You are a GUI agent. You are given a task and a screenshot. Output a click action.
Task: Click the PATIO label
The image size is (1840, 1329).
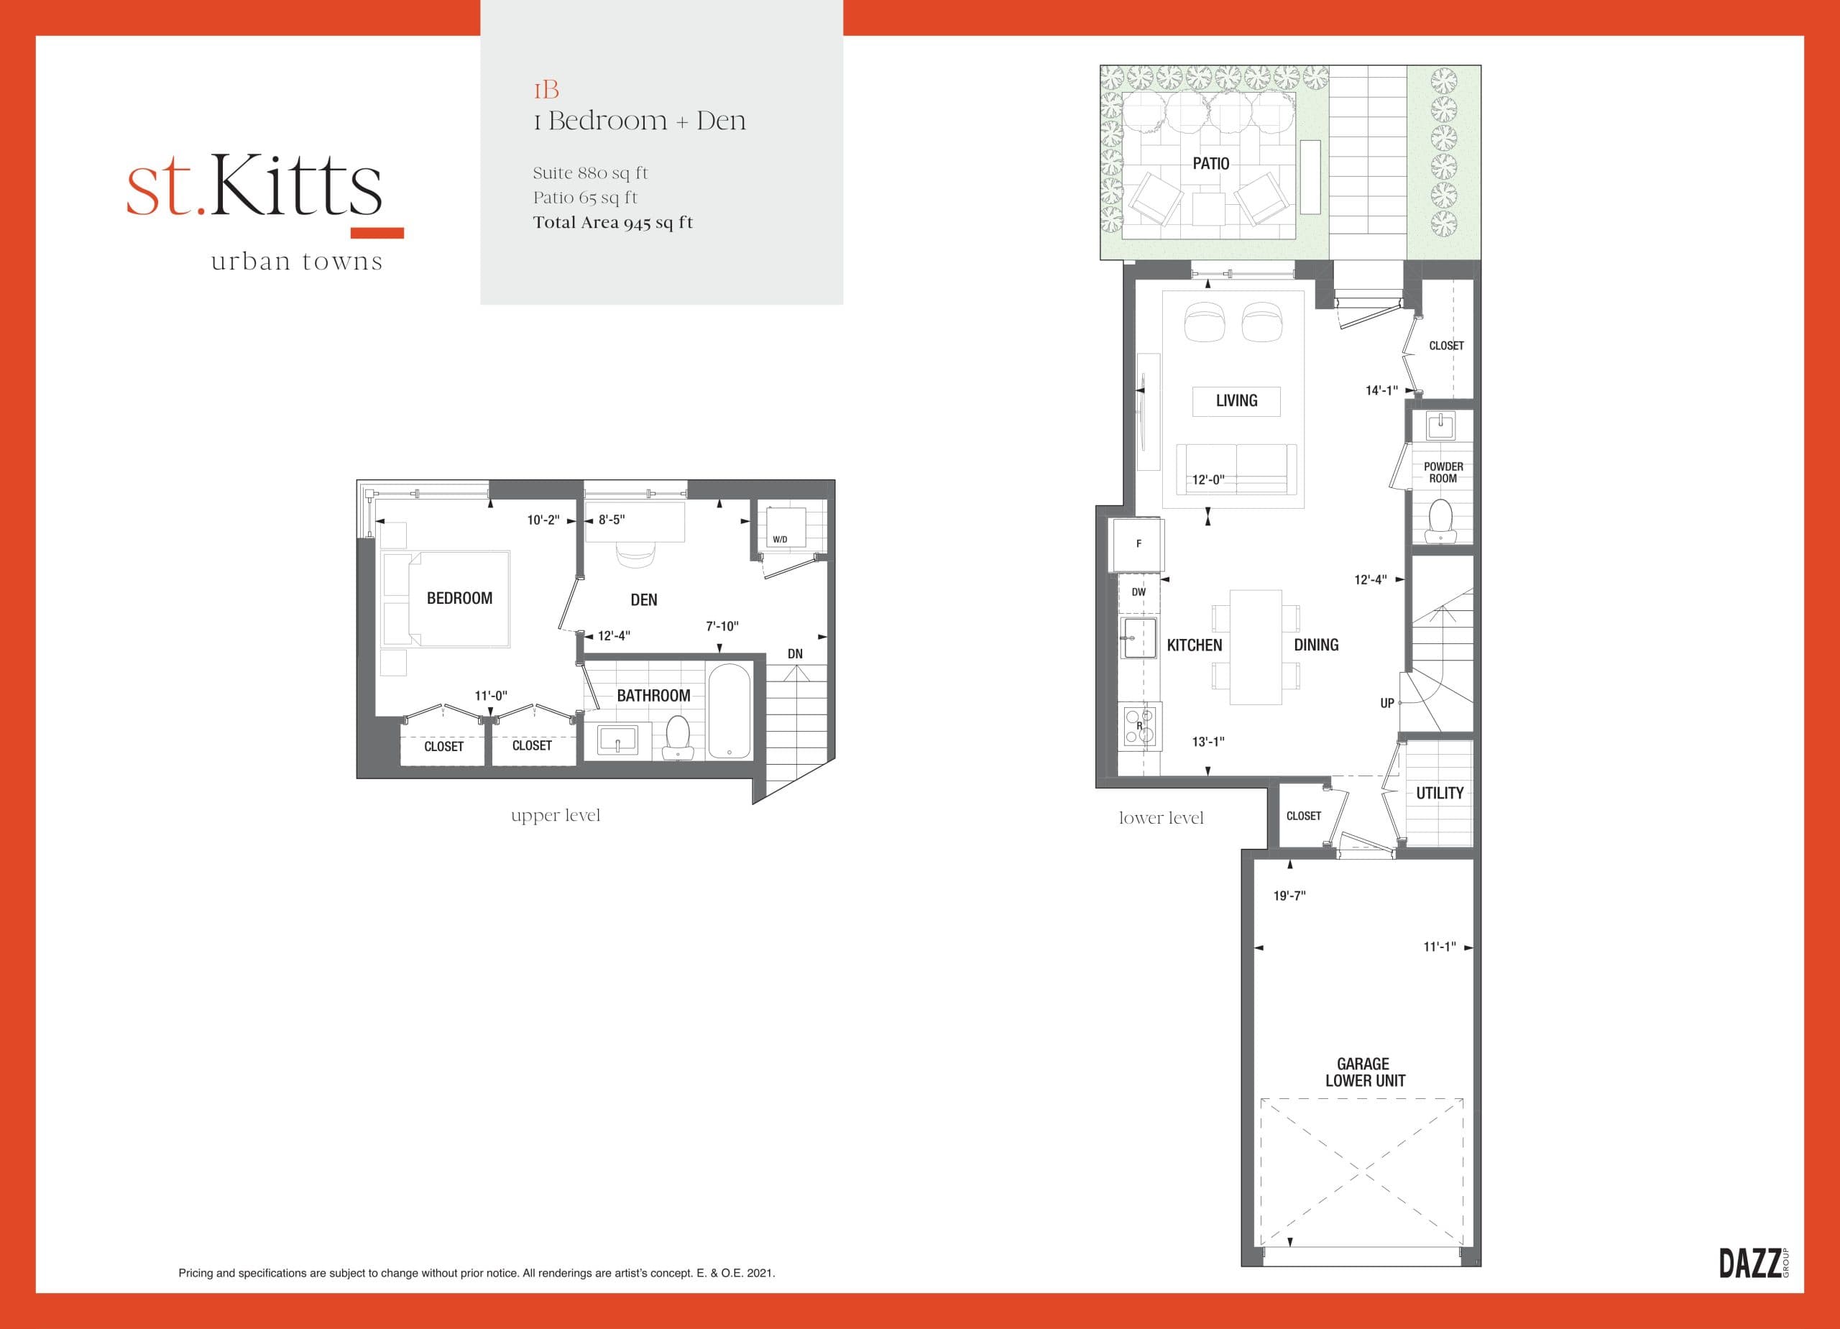(x=1210, y=164)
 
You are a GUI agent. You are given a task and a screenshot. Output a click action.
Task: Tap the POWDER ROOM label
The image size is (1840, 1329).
(x=1443, y=472)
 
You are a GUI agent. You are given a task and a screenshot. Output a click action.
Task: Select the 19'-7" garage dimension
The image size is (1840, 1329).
(x=1289, y=896)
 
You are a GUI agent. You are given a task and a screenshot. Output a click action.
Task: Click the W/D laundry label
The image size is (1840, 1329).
(x=780, y=540)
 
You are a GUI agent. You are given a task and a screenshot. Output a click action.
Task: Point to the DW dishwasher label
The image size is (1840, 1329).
(x=1138, y=592)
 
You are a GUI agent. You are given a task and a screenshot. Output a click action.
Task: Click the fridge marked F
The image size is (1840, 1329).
(x=1138, y=543)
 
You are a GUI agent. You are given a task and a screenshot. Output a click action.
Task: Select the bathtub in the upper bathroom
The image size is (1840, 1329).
(x=730, y=712)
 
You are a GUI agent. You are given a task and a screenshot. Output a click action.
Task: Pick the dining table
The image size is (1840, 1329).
(x=1255, y=647)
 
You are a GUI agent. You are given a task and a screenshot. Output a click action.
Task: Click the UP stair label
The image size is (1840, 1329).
(x=1387, y=704)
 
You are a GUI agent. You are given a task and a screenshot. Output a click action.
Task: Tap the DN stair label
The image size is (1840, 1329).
(x=795, y=654)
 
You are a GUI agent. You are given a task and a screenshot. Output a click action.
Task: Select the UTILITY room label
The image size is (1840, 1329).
(x=1439, y=794)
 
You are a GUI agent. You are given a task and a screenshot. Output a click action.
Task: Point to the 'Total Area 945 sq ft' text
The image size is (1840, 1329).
(x=612, y=223)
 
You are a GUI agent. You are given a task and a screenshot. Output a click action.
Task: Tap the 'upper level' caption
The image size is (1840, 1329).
(x=556, y=815)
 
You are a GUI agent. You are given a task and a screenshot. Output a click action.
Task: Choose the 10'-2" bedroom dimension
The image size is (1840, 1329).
(x=543, y=520)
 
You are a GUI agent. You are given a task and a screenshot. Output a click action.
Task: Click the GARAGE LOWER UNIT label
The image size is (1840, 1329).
(x=1365, y=1072)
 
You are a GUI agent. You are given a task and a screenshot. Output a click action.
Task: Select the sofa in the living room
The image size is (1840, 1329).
(x=1236, y=468)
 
